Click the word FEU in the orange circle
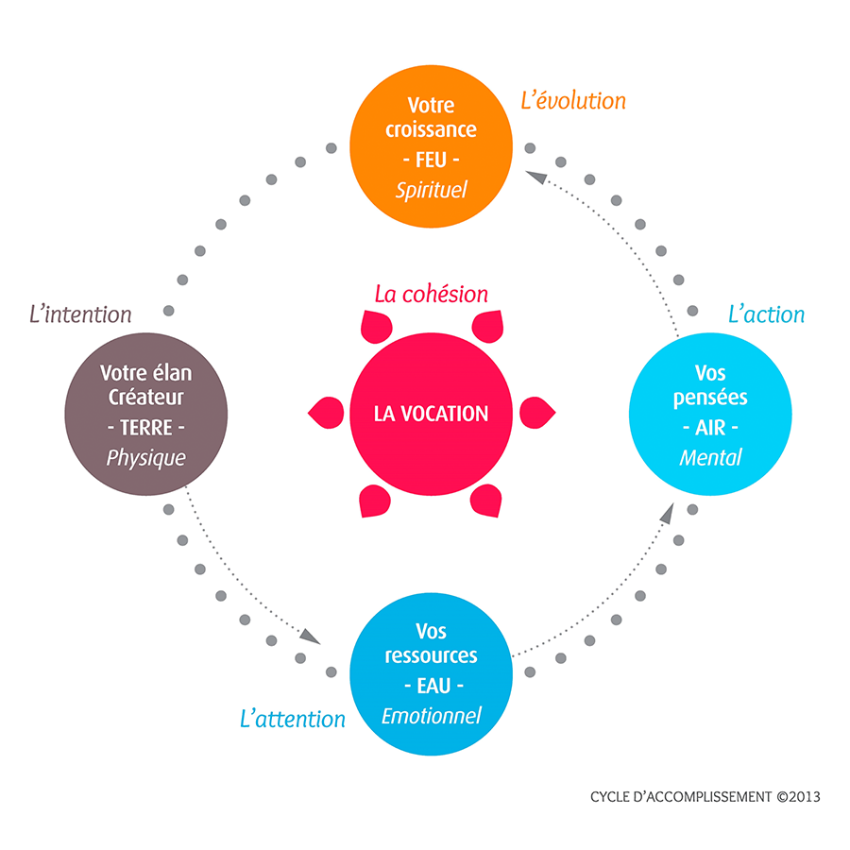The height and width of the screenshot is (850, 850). [431, 160]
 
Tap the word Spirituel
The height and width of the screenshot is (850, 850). [431, 190]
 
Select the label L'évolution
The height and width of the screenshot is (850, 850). [573, 101]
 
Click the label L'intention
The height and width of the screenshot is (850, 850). [80, 314]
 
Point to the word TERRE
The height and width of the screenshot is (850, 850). [145, 428]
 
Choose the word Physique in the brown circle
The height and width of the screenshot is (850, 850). [145, 458]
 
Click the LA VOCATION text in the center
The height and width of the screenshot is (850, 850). [431, 415]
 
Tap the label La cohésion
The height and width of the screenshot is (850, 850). [431, 294]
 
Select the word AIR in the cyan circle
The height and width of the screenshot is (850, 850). [710, 428]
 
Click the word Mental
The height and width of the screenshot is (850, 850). [710, 458]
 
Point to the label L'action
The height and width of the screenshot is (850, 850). [766, 314]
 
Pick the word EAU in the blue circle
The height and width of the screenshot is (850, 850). [433, 687]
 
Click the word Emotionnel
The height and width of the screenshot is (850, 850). [431, 716]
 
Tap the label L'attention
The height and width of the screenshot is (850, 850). [292, 720]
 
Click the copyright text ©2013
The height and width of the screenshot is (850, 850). [798, 797]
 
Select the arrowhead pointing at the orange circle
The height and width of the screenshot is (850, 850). [536, 177]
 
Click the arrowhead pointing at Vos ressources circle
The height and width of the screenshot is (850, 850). [311, 637]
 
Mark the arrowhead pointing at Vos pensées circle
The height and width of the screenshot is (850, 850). [668, 513]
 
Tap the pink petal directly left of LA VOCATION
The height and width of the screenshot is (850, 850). [326, 413]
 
